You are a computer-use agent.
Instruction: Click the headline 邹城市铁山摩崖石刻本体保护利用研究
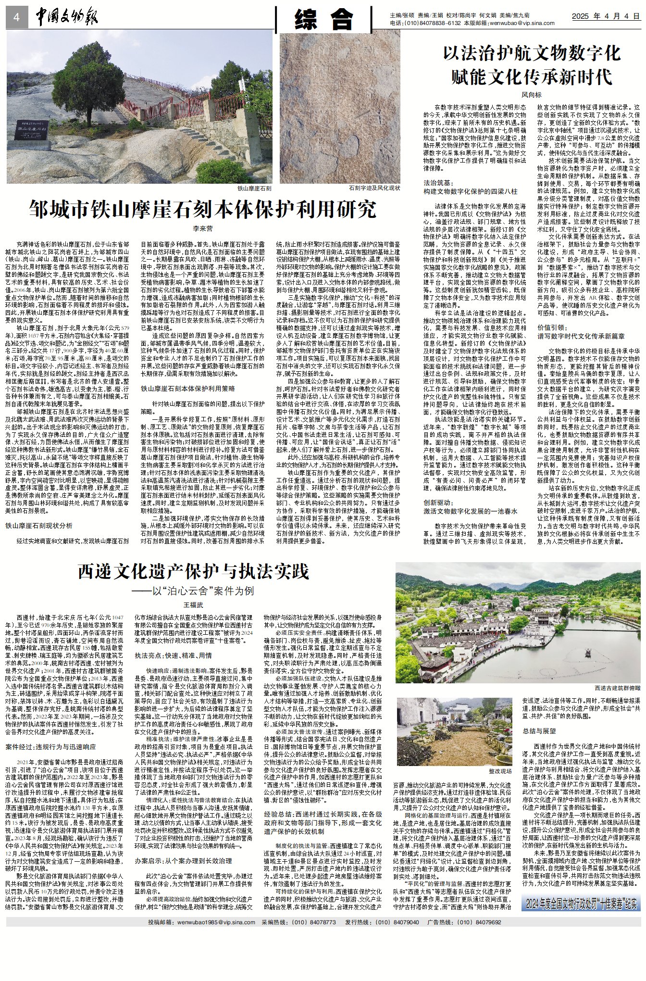pyautogui.click(x=202, y=210)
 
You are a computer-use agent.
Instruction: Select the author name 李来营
pyautogui.click(x=202, y=228)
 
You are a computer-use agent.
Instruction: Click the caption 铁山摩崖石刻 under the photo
pyautogui.click(x=254, y=189)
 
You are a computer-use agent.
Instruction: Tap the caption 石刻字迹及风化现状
pyautogui.click(x=374, y=188)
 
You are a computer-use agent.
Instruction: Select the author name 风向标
pyautogui.click(x=532, y=95)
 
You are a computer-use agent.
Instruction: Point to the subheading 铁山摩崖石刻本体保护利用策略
pyautogui.click(x=187, y=388)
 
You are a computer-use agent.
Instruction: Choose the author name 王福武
pyautogui.click(x=193, y=605)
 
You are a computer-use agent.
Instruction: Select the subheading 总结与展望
pyautogui.click(x=539, y=731)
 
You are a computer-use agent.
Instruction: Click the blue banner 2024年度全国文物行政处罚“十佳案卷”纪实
pyautogui.click(x=581, y=903)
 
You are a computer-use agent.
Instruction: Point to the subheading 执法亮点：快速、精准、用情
pyautogui.click(x=173, y=655)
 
